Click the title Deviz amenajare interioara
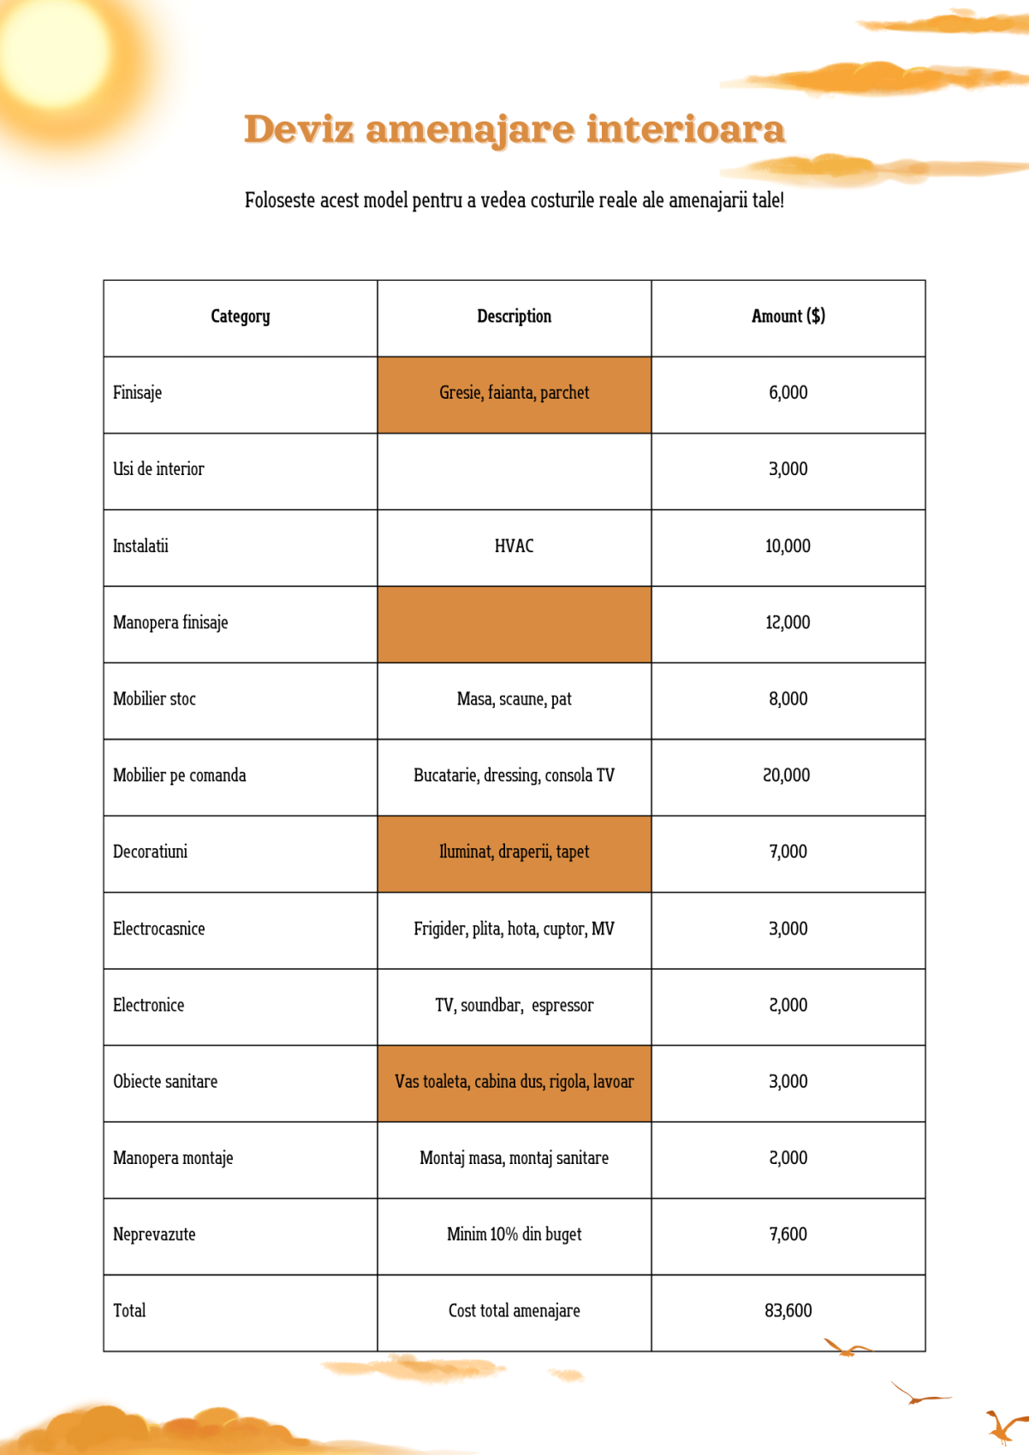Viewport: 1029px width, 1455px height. point(514,129)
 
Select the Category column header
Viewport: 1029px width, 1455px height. point(241,317)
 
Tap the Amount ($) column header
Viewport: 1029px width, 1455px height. point(788,317)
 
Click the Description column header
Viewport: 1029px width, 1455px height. point(514,317)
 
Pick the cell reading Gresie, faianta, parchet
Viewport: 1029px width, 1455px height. point(514,393)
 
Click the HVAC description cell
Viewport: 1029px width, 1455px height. point(514,546)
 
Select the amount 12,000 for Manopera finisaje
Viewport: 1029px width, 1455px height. point(788,622)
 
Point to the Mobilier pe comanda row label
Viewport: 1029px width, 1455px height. point(180,775)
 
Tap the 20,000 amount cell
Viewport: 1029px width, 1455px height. point(788,775)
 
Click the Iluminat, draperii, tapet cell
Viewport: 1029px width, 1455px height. point(514,852)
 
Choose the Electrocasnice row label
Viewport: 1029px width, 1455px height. point(159,929)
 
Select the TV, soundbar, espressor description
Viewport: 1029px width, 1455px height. point(514,1005)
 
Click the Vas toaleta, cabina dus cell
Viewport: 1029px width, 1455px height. point(514,1082)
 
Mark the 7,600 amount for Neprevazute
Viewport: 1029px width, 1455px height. point(788,1234)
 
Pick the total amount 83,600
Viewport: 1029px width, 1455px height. point(788,1310)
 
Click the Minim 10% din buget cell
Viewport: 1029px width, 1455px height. point(514,1234)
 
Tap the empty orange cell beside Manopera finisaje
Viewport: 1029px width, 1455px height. point(514,624)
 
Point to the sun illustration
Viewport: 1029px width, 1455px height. point(56,56)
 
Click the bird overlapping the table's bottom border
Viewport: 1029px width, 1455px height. point(846,1349)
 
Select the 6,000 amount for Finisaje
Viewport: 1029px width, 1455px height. point(788,393)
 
